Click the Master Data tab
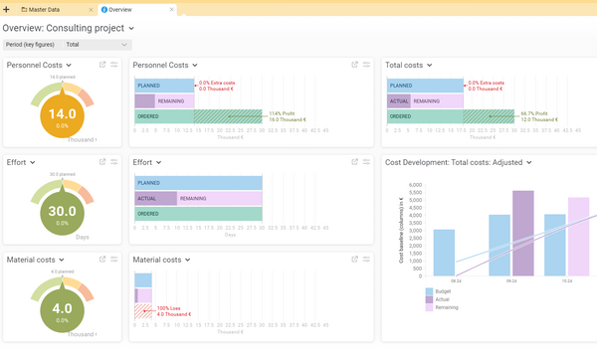pos(52,8)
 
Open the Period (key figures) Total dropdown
pos(96,44)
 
